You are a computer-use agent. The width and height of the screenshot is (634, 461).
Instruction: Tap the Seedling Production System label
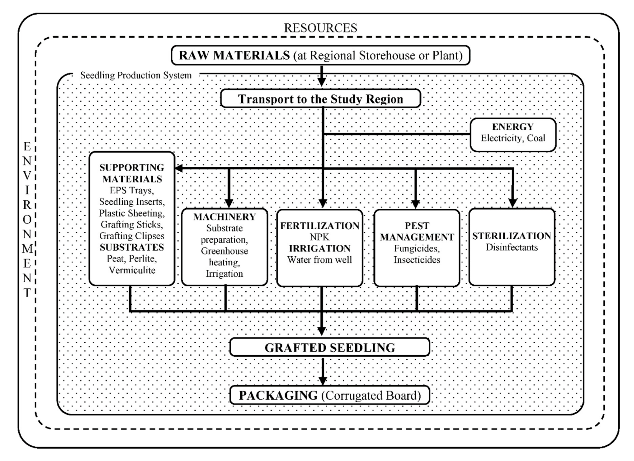tap(136, 75)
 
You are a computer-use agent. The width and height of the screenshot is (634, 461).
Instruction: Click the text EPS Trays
tap(132, 190)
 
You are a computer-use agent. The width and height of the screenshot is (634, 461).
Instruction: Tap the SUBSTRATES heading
tap(132, 247)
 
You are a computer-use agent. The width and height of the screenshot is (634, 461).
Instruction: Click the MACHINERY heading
tap(224, 217)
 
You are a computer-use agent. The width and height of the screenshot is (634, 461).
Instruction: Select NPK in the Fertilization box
tap(319, 237)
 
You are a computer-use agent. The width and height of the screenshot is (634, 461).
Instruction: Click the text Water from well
tap(319, 260)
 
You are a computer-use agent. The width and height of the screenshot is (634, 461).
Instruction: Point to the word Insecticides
tap(417, 260)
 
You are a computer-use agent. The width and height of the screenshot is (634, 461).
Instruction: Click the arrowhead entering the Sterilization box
tap(512, 203)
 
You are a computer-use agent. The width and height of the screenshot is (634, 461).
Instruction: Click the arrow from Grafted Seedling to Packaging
tap(323, 372)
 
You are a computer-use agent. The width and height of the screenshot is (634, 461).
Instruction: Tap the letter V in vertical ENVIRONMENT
tap(27, 176)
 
